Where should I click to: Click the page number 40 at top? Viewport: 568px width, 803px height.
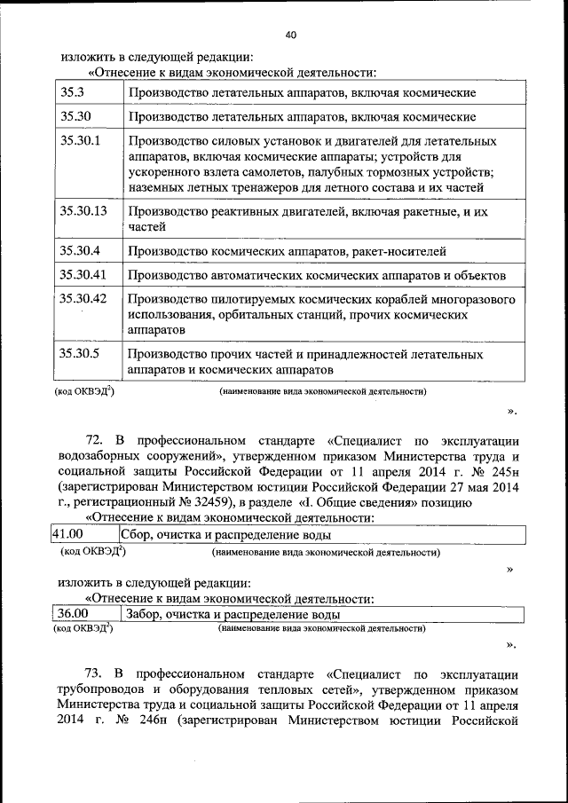pos(291,35)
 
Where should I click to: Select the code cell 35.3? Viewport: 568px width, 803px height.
pos(72,92)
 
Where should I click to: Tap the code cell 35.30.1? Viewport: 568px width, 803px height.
pos(81,140)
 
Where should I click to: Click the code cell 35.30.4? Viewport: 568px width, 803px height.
pos(81,251)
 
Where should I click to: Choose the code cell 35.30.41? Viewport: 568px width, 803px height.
pos(83,275)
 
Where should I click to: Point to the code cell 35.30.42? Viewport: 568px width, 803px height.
pos(83,299)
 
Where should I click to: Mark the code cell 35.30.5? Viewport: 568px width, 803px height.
pos(81,354)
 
